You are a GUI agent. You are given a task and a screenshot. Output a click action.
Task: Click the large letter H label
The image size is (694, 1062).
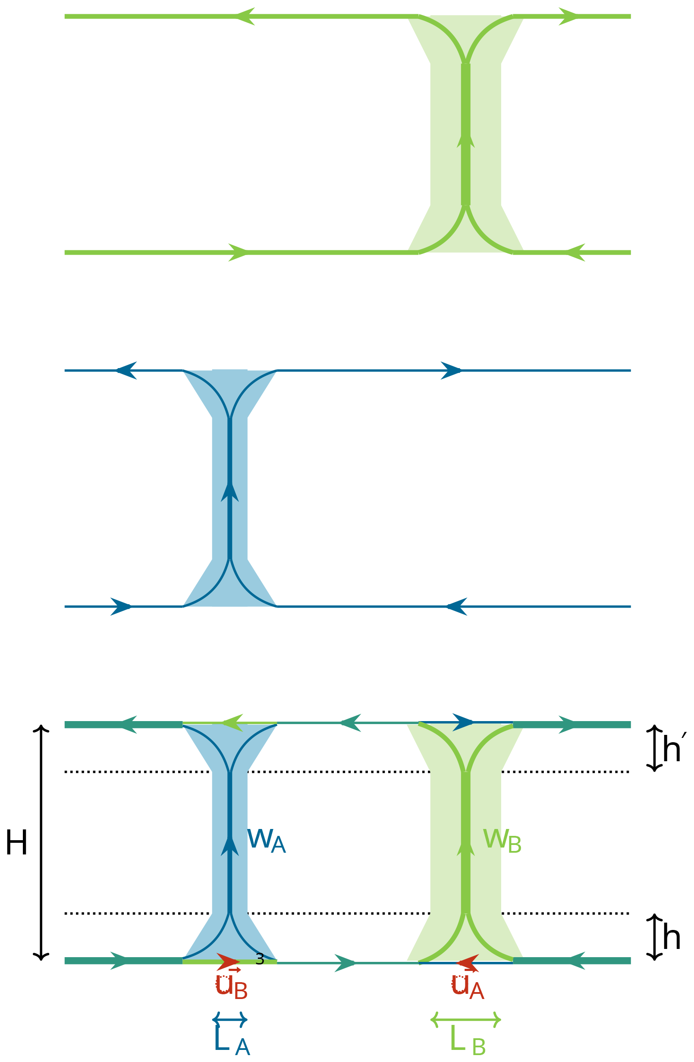[16, 843]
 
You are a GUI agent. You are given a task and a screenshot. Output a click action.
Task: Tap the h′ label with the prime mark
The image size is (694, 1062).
[673, 749]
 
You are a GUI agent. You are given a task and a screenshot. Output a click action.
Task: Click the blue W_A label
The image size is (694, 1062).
[266, 841]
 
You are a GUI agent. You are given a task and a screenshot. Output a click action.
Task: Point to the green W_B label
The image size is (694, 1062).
[502, 841]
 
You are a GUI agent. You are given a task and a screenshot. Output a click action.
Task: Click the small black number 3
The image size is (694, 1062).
[260, 959]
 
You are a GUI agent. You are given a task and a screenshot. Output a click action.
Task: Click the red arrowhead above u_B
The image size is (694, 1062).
[228, 961]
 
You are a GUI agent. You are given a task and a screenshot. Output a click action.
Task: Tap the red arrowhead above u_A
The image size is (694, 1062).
[468, 963]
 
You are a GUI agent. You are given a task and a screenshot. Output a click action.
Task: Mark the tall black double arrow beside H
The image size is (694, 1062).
[41, 842]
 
